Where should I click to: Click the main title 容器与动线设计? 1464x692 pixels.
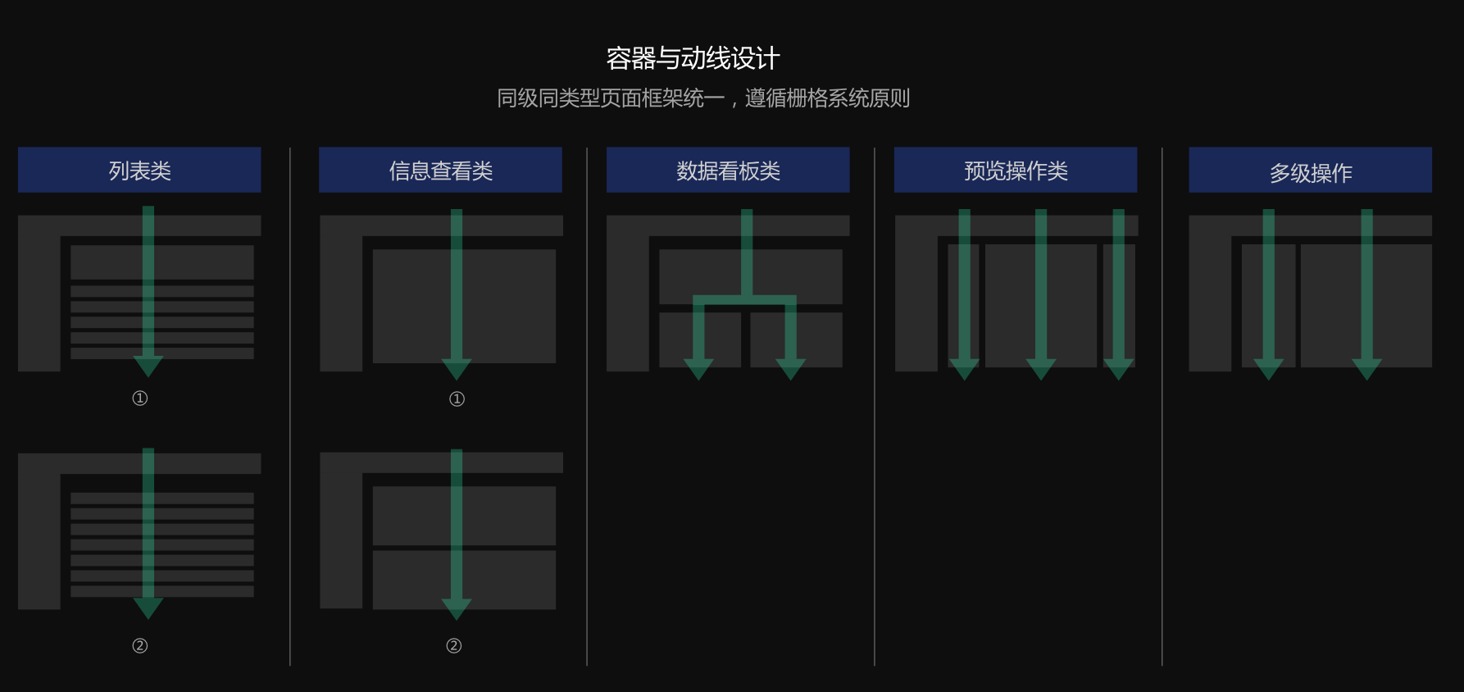[693, 58]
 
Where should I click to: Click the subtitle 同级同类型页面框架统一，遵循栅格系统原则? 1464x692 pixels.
[703, 98]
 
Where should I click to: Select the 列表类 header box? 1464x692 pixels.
[139, 171]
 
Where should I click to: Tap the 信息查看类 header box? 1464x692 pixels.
[440, 171]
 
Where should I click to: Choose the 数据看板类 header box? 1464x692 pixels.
[728, 171]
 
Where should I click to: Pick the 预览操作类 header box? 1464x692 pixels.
[1016, 171]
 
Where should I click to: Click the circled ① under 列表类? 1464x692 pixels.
[140, 398]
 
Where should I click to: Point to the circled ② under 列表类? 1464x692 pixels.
[140, 646]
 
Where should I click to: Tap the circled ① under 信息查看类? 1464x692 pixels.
[457, 399]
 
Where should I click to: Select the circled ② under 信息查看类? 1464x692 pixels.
[453, 646]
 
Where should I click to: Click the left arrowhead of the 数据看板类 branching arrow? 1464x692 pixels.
[698, 369]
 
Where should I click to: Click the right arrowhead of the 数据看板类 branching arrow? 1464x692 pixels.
[790, 369]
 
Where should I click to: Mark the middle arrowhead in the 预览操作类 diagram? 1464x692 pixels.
[1041, 369]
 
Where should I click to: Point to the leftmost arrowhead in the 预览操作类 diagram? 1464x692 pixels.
[964, 369]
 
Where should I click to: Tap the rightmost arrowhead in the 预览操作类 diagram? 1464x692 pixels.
[1118, 369]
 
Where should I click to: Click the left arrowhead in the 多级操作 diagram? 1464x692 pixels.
[1268, 369]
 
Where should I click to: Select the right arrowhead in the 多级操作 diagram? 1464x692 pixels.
[1366, 369]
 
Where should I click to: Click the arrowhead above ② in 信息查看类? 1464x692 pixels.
[457, 608]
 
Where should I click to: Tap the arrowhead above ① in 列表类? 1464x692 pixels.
[148, 366]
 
